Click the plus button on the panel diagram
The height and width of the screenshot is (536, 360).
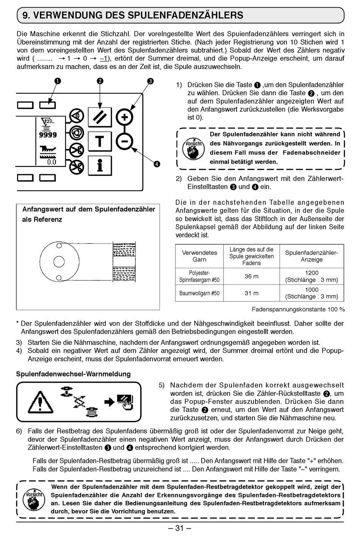coord(124,117)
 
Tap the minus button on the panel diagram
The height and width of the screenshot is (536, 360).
coord(124,142)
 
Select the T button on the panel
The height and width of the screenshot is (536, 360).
coord(99,141)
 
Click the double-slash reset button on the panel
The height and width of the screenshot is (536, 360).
coord(100,117)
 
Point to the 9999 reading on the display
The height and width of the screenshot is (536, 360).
coord(48,135)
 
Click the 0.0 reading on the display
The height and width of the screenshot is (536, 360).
coord(51,162)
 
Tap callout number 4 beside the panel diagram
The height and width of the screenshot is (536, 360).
coord(157,164)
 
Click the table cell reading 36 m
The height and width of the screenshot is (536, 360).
coord(251,277)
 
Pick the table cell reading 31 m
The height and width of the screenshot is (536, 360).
coord(251,293)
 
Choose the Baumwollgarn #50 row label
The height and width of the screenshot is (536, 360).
coord(199,293)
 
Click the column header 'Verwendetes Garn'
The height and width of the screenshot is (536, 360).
coord(199,256)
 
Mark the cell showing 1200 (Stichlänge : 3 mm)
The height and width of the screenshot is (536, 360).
coord(311,277)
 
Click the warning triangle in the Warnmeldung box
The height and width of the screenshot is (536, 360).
coord(38,402)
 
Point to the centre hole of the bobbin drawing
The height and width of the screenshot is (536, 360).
coord(59,261)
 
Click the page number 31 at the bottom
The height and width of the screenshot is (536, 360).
coord(180,528)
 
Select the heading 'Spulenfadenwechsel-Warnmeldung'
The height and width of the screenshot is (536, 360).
coord(73,374)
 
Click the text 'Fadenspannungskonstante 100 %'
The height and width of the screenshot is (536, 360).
coord(298,309)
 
